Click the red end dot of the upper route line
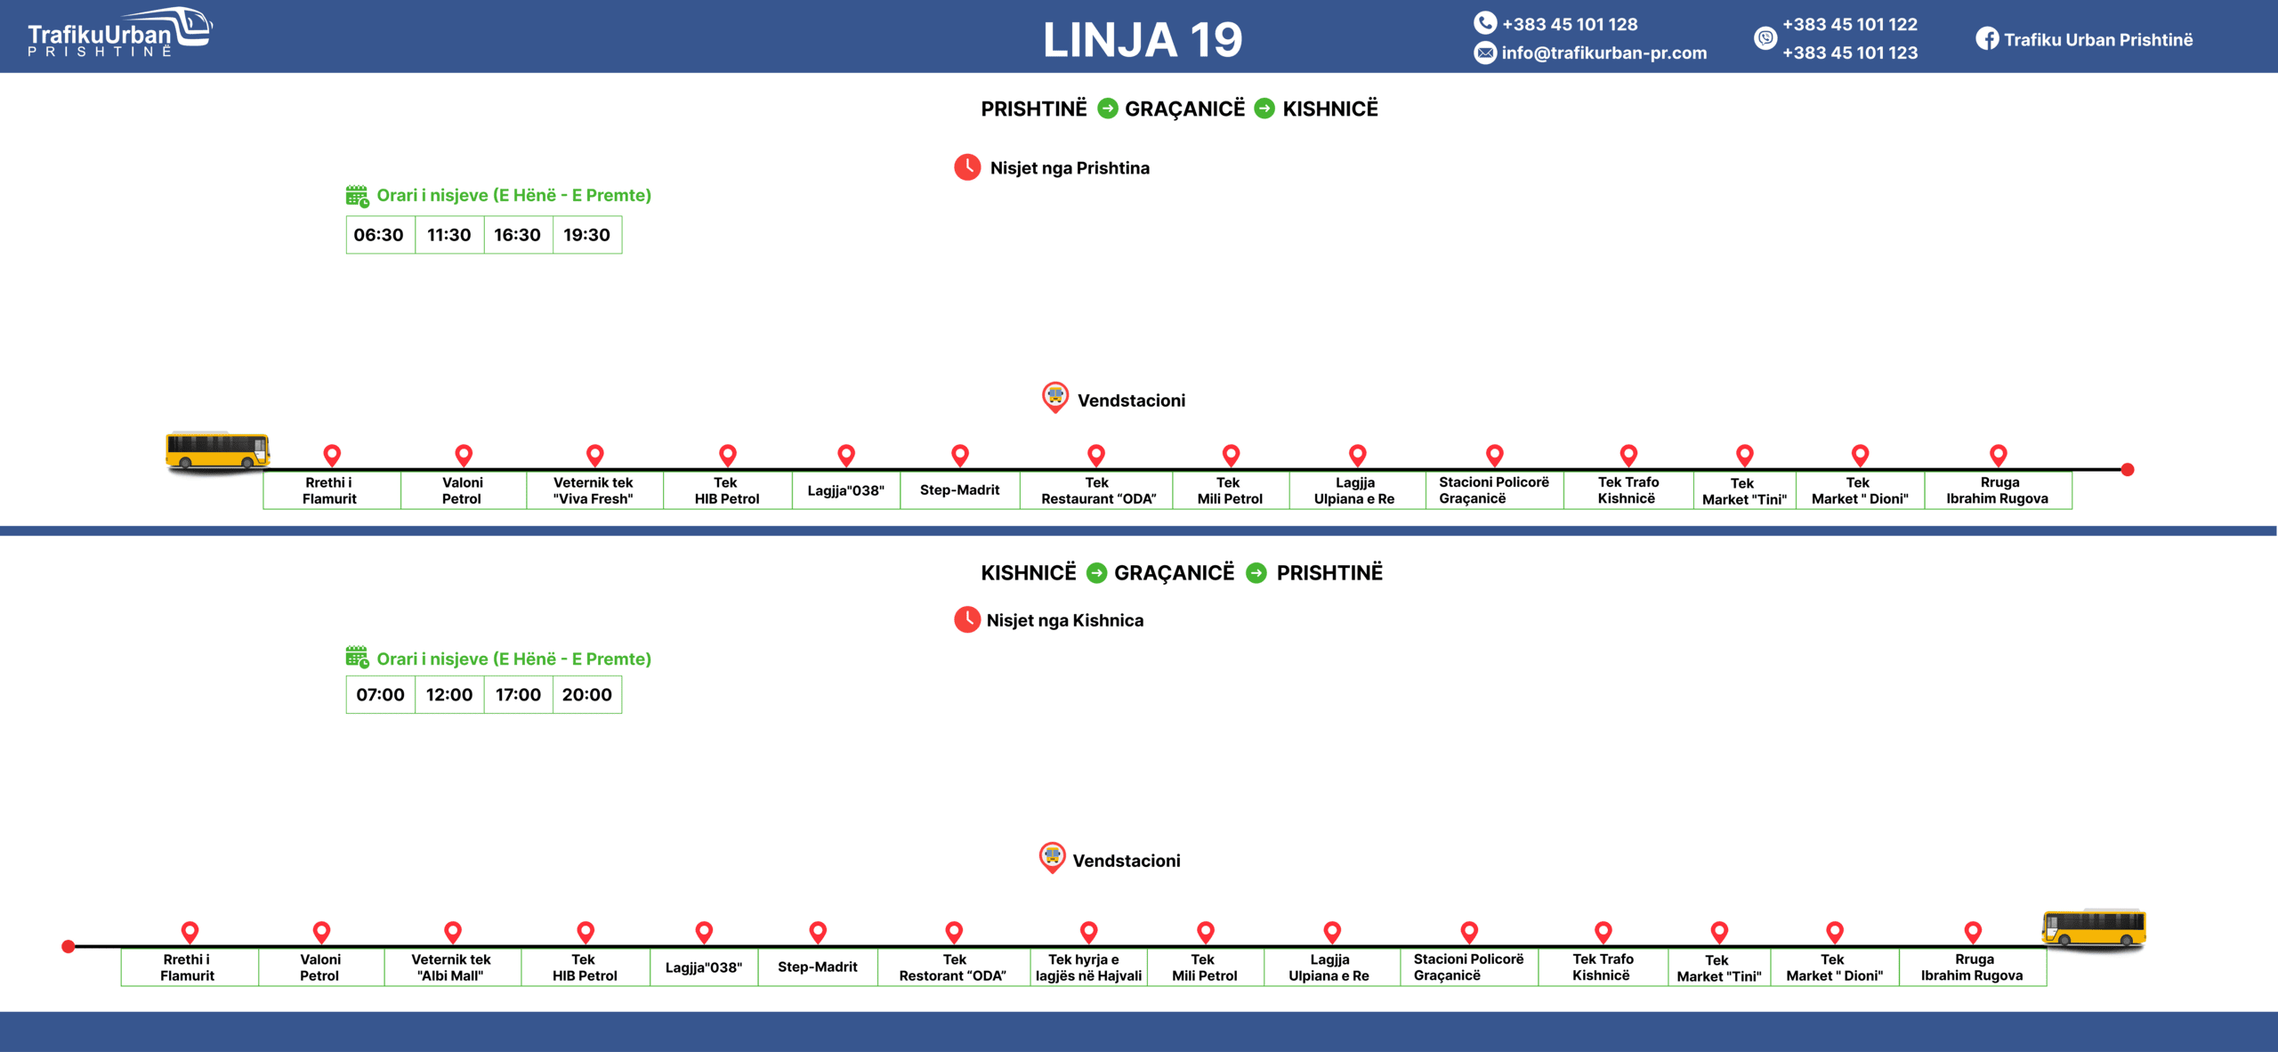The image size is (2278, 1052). point(2128,469)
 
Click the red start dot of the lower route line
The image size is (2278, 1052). point(68,946)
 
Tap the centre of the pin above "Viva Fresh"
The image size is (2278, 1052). point(595,455)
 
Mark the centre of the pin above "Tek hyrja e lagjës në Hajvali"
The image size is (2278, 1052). point(1088,932)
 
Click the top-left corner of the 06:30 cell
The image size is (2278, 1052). point(346,216)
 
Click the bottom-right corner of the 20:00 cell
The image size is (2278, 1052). point(622,713)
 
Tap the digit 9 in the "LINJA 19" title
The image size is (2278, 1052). point(1227,40)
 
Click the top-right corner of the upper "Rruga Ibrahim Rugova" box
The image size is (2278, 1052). point(2072,472)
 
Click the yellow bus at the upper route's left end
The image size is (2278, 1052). point(217,450)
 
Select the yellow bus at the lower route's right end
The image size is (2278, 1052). point(2094,928)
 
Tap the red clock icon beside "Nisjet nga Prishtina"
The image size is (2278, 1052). point(967,167)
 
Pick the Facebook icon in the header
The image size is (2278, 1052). point(1987,39)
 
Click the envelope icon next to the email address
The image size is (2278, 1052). point(1485,53)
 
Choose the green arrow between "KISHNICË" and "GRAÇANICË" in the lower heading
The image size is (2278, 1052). point(1096,573)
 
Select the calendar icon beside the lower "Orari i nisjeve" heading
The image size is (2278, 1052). point(357,658)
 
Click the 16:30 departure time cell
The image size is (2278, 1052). point(518,235)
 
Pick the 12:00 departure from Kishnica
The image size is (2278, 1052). point(449,694)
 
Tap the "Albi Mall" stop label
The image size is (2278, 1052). point(451,967)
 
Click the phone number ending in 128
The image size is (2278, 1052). point(1570,24)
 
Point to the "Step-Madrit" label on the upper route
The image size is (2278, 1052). point(960,490)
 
